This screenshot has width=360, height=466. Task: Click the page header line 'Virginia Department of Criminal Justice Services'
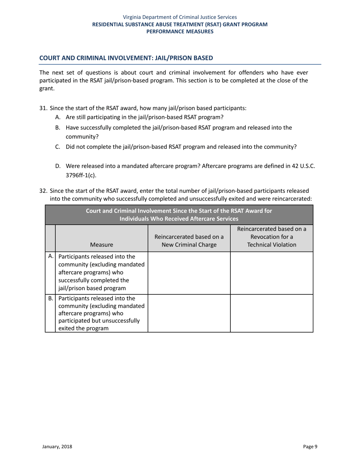coord(180,17)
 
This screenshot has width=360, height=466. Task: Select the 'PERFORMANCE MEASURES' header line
coord(180,31)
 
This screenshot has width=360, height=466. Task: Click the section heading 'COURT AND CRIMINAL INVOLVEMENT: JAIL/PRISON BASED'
coord(126,58)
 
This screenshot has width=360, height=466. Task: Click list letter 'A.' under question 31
coord(58,117)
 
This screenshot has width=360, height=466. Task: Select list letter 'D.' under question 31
coord(58,166)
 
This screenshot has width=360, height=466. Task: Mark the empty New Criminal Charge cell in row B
coord(189,313)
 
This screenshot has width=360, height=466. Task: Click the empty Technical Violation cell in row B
coord(271,313)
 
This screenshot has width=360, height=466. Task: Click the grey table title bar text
coord(179,215)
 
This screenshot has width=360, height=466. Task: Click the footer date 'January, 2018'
coord(57,447)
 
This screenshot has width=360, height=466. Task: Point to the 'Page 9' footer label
coord(310,447)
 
